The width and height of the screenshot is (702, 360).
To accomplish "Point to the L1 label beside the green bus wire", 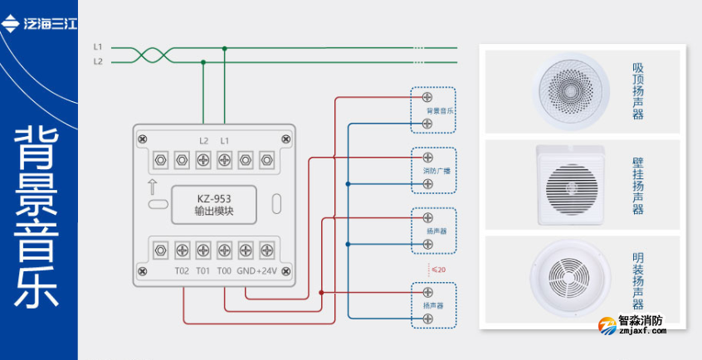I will click(x=98, y=47).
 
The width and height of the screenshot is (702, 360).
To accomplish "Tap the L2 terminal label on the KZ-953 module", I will click(x=204, y=140).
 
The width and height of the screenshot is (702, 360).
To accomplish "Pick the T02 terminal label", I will click(x=182, y=270).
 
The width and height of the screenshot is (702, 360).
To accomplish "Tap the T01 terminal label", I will click(x=202, y=270).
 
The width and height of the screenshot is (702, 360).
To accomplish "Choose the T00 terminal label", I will click(x=223, y=270).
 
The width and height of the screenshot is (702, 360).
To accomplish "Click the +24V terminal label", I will click(x=268, y=270).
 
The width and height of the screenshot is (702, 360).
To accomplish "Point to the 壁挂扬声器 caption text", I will click(x=637, y=186).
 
